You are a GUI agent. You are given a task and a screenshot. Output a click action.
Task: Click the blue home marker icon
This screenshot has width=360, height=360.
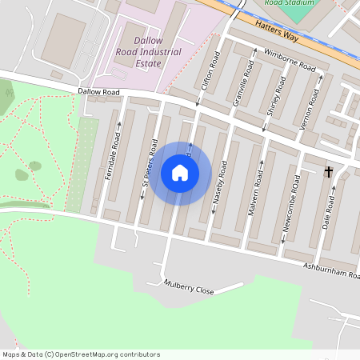[180, 173]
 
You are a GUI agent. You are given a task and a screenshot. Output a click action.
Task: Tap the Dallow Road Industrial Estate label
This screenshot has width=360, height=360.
[146, 53]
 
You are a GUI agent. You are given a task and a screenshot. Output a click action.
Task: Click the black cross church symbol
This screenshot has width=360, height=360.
[329, 171]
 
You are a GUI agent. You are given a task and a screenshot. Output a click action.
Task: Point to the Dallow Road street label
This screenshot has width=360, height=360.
[99, 92]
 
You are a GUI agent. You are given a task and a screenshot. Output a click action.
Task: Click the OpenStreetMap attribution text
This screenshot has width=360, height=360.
[81, 354]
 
